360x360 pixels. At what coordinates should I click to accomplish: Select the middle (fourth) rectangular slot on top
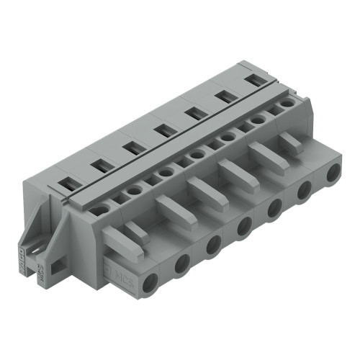(162, 130)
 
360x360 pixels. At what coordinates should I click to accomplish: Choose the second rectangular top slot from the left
(99, 166)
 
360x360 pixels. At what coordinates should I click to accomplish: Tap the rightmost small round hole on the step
(287, 104)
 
